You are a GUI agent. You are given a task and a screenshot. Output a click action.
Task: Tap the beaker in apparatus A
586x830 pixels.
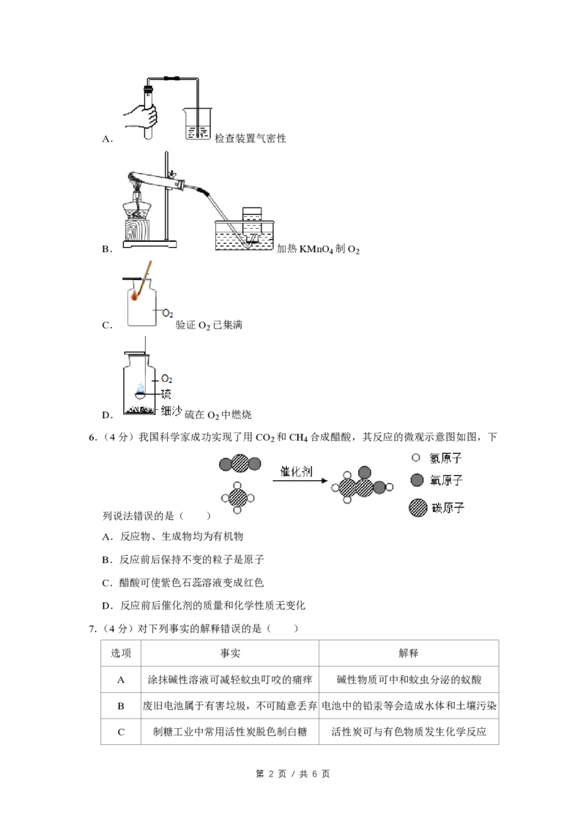click(199, 124)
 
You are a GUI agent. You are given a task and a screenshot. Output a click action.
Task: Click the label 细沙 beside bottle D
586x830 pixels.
click(171, 411)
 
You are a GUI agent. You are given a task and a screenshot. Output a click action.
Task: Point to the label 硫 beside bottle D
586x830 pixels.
click(166, 394)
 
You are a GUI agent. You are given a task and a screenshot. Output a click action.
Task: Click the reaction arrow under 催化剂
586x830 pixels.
click(300, 480)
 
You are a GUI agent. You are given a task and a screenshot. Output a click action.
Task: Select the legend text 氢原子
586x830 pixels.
click(446, 458)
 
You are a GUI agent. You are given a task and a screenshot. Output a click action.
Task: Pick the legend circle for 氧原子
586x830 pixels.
click(417, 480)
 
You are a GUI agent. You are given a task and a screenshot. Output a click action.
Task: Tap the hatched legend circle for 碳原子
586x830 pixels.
click(418, 507)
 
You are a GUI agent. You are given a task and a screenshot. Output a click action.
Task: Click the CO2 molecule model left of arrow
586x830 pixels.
click(240, 464)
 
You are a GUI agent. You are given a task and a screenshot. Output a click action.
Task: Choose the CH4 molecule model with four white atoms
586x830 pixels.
click(237, 498)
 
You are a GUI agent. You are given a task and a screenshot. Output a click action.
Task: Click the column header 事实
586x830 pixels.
click(230, 653)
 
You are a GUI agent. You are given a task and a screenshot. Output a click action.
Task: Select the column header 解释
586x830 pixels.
click(408, 653)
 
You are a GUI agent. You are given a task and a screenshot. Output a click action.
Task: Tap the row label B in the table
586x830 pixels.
click(121, 705)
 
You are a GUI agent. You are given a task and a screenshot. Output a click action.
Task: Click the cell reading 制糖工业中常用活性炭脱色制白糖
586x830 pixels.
click(230, 732)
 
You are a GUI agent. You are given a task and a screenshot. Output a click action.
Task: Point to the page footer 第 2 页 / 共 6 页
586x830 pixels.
click(292, 774)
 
